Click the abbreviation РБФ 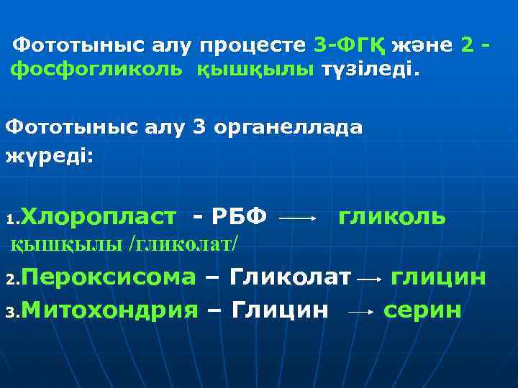[x=231, y=216]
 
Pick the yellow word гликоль [x=392, y=216]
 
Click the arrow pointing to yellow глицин [x=370, y=279]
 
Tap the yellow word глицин [x=438, y=277]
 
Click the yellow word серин [x=423, y=310]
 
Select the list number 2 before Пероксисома [x=10, y=280]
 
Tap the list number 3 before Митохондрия [x=10, y=313]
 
